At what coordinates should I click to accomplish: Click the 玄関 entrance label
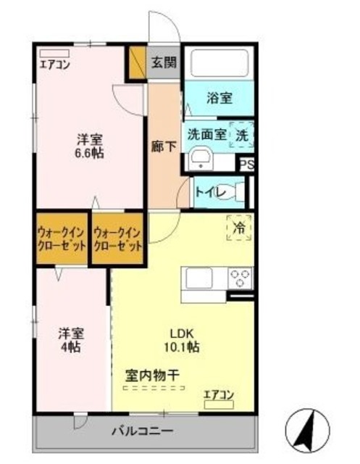pyautogui.click(x=164, y=63)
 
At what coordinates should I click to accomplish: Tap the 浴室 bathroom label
pyautogui.click(x=219, y=98)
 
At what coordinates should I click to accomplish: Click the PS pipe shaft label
pyautogui.click(x=247, y=164)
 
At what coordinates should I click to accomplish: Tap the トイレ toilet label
pyautogui.click(x=210, y=192)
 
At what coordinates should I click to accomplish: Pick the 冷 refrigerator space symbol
pyautogui.click(x=238, y=227)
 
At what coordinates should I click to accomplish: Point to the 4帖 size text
pyautogui.click(x=70, y=347)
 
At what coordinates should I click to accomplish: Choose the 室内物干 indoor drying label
pyautogui.click(x=153, y=376)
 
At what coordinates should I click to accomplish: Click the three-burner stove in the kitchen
pyautogui.click(x=240, y=278)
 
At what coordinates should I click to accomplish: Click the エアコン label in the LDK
pyautogui.click(x=218, y=394)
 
